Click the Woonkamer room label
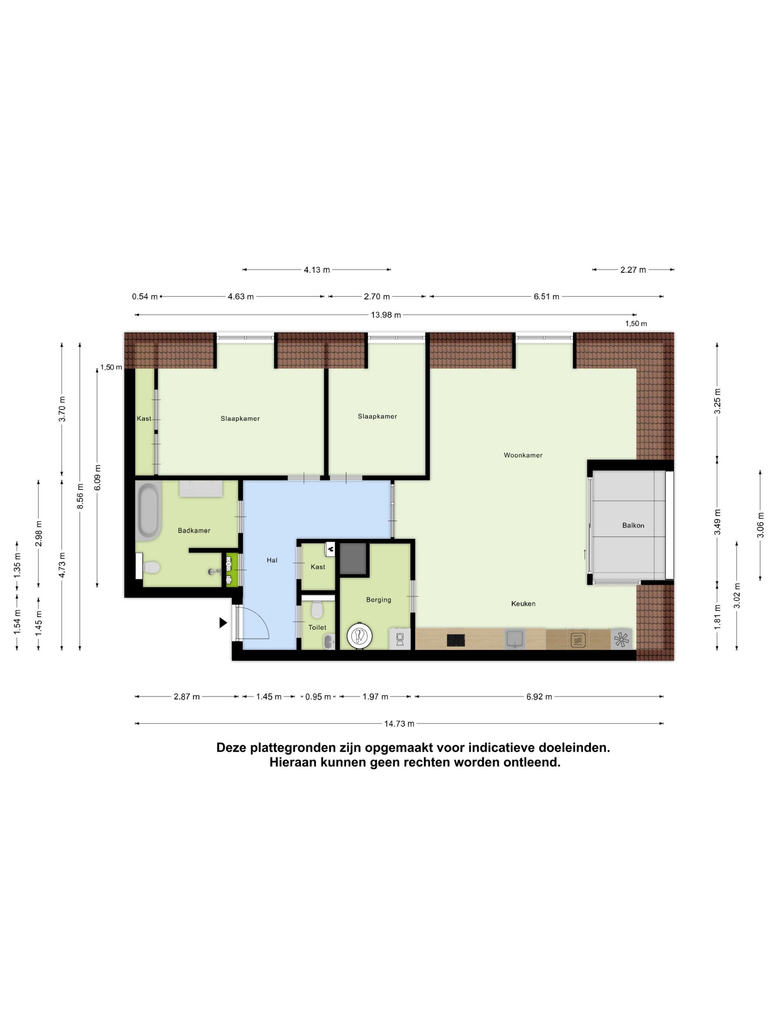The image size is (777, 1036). pos(523,455)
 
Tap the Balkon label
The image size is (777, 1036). pos(633,525)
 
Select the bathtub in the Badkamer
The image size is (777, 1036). pos(148,512)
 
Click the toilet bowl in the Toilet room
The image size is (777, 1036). pos(317,610)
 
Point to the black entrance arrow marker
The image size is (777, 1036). pos(223,622)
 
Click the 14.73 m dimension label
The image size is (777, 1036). pos(399,724)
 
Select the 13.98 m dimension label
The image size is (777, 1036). pos(386,315)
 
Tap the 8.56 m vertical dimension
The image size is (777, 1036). pos(80,500)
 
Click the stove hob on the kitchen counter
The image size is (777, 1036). pos(455,640)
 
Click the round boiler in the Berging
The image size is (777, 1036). pos(359,636)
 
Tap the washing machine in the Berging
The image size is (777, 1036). pos(400,639)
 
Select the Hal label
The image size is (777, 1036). pos(272,560)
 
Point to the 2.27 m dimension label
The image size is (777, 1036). pos(633,270)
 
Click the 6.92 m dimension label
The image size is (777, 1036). pos(539,696)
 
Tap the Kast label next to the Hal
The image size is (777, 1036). pos(317,567)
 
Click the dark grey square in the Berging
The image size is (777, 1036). pos(353,558)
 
